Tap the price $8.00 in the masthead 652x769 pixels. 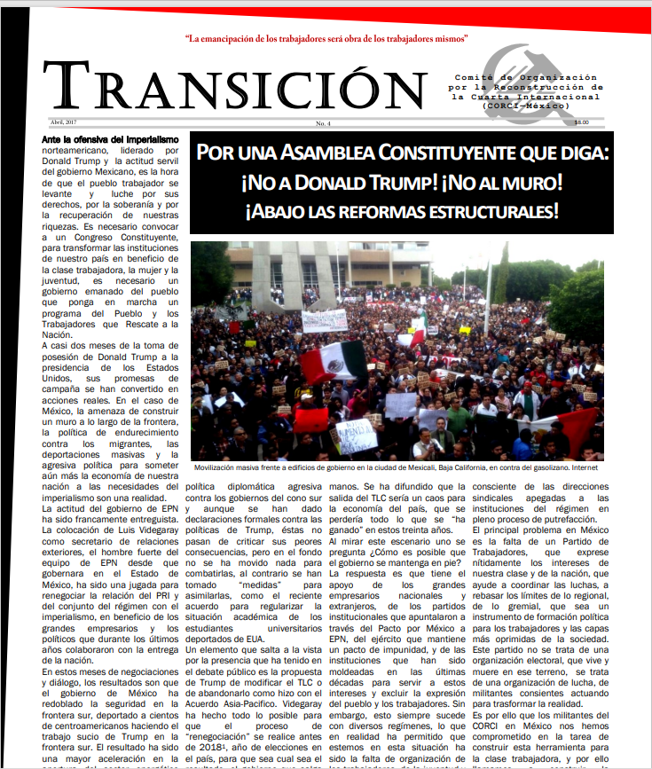click(x=581, y=123)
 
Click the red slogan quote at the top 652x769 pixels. click(x=326, y=40)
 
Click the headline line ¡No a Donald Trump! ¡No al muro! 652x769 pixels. click(x=402, y=184)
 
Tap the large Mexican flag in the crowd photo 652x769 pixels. click(x=336, y=363)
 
